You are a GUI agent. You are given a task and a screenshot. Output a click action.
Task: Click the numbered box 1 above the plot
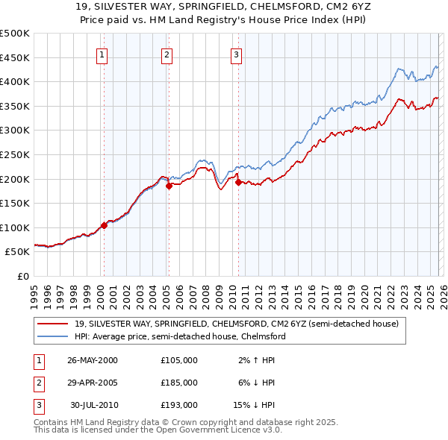click(x=101, y=54)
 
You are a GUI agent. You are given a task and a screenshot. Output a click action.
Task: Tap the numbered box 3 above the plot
click(x=235, y=54)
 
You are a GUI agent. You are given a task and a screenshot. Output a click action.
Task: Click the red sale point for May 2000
click(x=104, y=225)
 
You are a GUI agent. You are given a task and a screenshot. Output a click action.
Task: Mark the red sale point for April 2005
click(x=169, y=186)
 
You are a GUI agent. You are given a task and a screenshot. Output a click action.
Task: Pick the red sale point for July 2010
click(x=238, y=182)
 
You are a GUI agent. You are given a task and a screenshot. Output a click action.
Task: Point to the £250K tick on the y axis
click(x=15, y=154)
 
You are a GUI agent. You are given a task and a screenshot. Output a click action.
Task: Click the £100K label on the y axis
click(x=15, y=227)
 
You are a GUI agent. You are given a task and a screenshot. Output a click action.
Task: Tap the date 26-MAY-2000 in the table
click(x=92, y=360)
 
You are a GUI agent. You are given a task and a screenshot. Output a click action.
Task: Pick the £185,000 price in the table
click(x=179, y=383)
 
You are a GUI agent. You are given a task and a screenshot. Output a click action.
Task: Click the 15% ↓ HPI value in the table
click(x=255, y=405)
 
